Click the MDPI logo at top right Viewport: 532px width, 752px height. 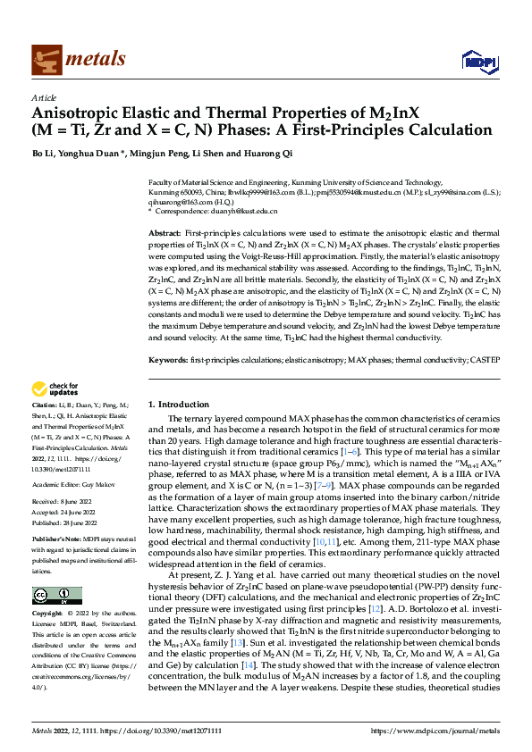[478, 60]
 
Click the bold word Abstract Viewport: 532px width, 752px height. [165, 231]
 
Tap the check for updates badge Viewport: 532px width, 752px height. [55, 389]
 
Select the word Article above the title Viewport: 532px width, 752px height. [44, 97]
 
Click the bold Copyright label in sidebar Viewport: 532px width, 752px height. [48, 614]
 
